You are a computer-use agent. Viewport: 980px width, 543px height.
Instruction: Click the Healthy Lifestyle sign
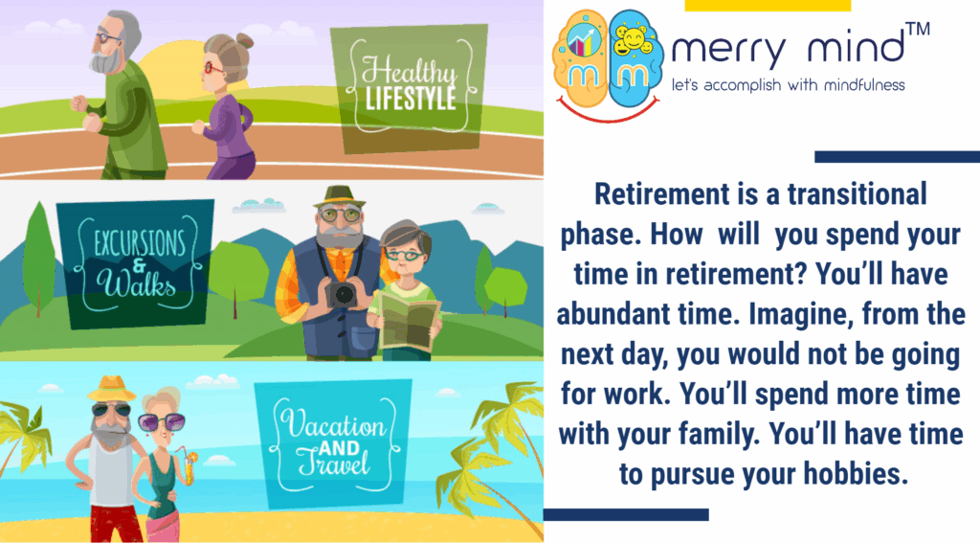408,89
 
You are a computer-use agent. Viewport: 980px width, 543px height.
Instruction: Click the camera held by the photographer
342,294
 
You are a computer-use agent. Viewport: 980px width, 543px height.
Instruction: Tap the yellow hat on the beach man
111,388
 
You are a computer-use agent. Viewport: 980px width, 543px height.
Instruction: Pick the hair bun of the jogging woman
244,42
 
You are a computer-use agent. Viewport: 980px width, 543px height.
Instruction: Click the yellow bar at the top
768,5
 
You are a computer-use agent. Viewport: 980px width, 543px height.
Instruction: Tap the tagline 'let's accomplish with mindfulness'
788,85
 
